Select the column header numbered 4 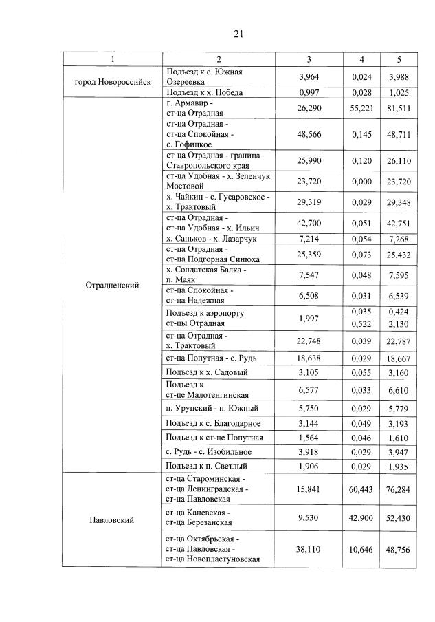pyautogui.click(x=361, y=58)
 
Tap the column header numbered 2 pyautogui.click(x=218, y=58)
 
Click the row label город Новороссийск pyautogui.click(x=112, y=82)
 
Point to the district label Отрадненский pyautogui.click(x=112, y=285)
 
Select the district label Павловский pyautogui.click(x=112, y=519)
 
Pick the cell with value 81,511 pyautogui.click(x=400, y=108)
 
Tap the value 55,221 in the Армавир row pyautogui.click(x=361, y=108)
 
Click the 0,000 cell pyautogui.click(x=361, y=180)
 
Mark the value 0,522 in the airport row pyautogui.click(x=361, y=323)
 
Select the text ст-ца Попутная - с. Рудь pyautogui.click(x=209, y=359)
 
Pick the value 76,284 pyautogui.click(x=400, y=489)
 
